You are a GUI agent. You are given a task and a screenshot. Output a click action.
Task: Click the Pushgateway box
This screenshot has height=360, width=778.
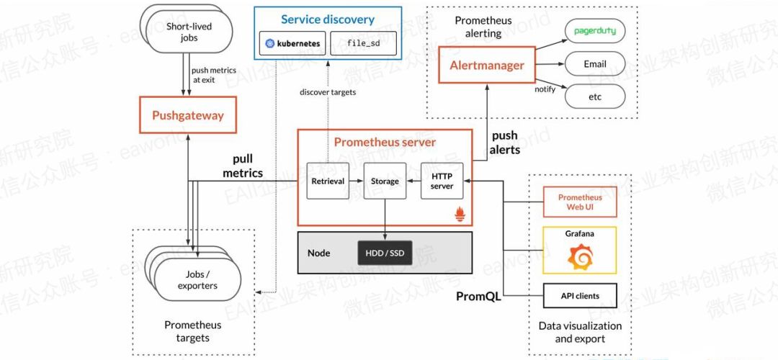(187, 115)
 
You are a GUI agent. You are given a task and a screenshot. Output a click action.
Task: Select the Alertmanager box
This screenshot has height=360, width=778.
(487, 66)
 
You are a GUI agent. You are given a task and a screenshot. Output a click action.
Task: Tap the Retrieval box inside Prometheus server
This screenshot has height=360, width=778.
(328, 181)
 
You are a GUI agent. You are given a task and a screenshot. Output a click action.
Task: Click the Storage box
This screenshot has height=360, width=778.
(385, 181)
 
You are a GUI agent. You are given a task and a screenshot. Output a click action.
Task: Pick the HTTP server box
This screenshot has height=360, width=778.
(442, 181)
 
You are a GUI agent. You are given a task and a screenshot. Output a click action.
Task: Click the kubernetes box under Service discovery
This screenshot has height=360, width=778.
(292, 43)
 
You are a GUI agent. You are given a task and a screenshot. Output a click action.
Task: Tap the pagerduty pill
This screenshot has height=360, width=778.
(595, 32)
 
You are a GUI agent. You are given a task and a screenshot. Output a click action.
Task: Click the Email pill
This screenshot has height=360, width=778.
(595, 64)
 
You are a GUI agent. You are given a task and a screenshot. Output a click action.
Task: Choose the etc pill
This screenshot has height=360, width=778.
(595, 96)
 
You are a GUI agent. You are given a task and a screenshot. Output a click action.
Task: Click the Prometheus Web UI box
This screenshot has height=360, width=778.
(580, 202)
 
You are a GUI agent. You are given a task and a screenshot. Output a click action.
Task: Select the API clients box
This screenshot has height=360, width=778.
(580, 295)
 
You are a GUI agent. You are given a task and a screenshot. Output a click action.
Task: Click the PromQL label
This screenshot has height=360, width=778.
(478, 296)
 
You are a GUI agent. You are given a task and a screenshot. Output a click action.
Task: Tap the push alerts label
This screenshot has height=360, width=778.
(505, 143)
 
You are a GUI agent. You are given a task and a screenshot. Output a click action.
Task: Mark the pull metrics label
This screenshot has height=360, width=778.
(242, 166)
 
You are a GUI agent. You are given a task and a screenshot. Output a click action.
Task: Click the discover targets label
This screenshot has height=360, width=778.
(328, 92)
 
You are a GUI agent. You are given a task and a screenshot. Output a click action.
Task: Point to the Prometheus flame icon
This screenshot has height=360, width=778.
(460, 214)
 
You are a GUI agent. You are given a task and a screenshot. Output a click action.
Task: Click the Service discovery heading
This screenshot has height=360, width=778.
(328, 19)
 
